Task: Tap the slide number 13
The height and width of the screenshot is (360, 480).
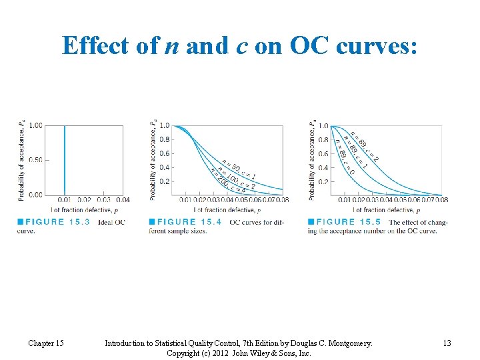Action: (x=447, y=343)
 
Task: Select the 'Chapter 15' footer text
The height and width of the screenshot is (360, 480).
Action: (x=46, y=343)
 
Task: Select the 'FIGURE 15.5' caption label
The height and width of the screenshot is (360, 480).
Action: (x=349, y=222)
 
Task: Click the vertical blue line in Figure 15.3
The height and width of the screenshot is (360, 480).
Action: (x=64, y=160)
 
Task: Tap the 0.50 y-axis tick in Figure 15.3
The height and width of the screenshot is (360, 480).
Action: (x=36, y=160)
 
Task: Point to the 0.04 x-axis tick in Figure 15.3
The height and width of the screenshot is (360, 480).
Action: (x=122, y=200)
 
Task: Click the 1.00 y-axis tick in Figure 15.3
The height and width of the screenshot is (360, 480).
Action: (x=36, y=125)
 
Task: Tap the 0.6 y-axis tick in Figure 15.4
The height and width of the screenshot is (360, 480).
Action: (x=164, y=153)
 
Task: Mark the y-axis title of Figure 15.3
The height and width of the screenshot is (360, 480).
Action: (x=21, y=160)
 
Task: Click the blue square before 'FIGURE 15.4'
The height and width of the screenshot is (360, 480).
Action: (x=151, y=222)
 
